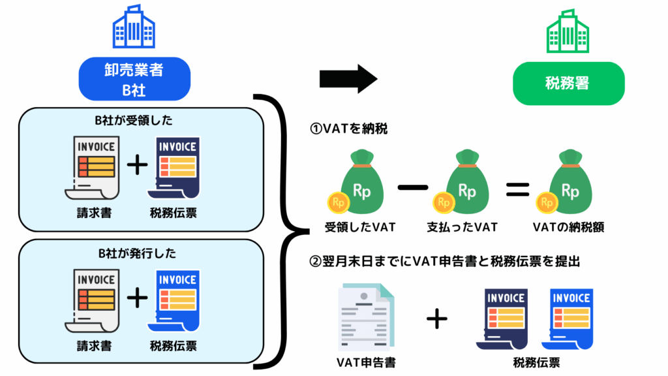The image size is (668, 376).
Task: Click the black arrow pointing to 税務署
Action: (x=348, y=80)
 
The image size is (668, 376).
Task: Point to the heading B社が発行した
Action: (x=137, y=253)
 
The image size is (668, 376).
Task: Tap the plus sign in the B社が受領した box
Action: (x=136, y=166)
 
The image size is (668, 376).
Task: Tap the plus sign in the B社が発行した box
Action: (x=136, y=299)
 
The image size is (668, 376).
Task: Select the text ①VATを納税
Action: (x=349, y=129)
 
